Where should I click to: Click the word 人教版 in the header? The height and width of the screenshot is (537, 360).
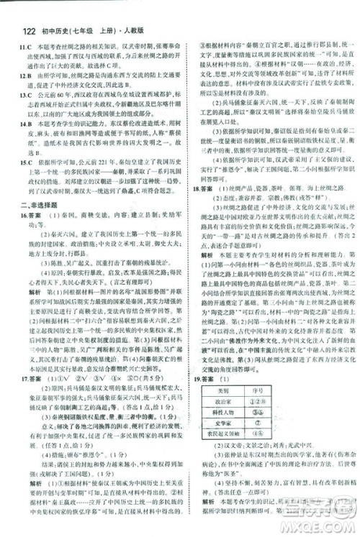[x=143, y=12]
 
